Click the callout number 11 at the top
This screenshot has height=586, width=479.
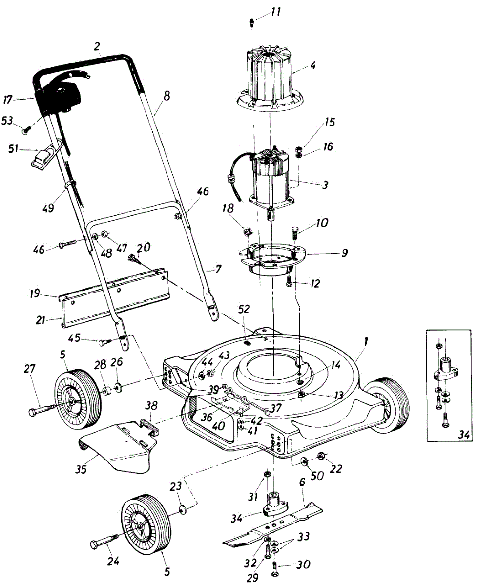(276, 11)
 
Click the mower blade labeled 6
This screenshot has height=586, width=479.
(273, 525)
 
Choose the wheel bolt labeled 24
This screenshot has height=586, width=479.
(104, 542)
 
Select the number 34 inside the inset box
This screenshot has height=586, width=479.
(464, 434)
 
